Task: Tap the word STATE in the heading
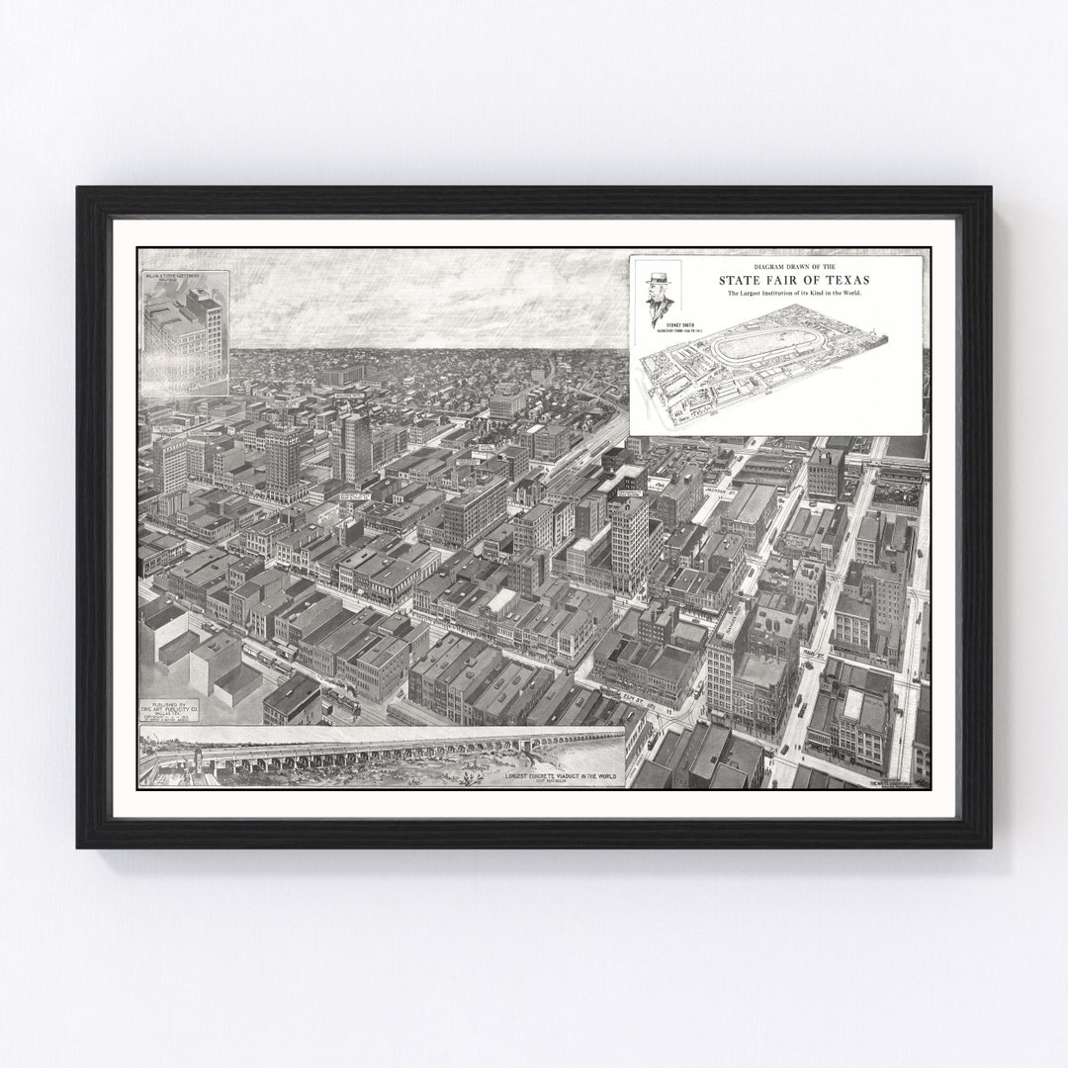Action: (x=743, y=280)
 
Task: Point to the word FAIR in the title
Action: (x=788, y=280)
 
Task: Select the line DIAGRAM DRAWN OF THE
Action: (x=794, y=267)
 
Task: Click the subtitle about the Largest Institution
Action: (x=794, y=294)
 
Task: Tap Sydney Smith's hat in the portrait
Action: (x=659, y=281)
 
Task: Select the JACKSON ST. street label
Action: (x=720, y=490)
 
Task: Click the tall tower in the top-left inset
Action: (x=208, y=331)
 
